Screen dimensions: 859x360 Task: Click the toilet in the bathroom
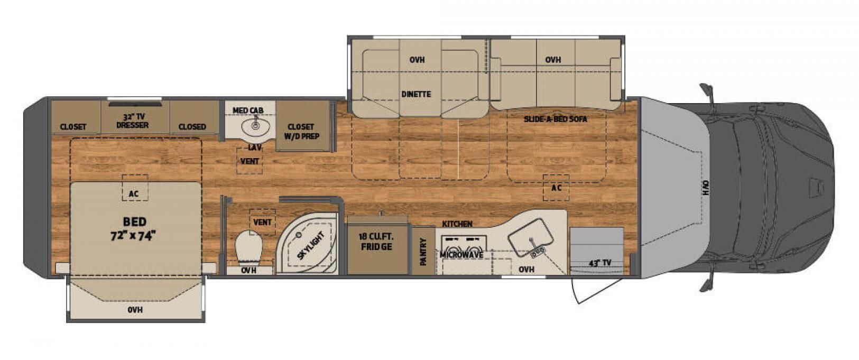point(249,247)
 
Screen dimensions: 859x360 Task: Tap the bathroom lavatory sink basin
point(256,126)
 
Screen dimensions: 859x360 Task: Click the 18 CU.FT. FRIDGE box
point(377,245)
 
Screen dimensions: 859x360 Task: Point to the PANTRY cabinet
point(423,251)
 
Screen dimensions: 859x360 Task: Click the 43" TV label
point(600,263)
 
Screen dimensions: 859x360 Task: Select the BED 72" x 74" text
point(134,228)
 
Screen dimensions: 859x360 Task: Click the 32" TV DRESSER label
point(132,121)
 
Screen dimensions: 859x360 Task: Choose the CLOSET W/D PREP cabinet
point(303,126)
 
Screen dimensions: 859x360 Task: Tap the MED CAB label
point(248,110)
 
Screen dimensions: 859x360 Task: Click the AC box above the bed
point(135,188)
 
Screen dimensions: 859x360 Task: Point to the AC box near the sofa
point(556,188)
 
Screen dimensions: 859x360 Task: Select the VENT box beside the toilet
point(262,222)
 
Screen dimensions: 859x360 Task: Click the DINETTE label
point(417,94)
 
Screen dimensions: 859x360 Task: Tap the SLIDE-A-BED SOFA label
point(555,119)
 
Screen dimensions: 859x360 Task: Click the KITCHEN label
point(457,224)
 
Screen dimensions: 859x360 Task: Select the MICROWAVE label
point(461,255)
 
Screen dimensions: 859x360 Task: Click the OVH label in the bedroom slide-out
point(135,310)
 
